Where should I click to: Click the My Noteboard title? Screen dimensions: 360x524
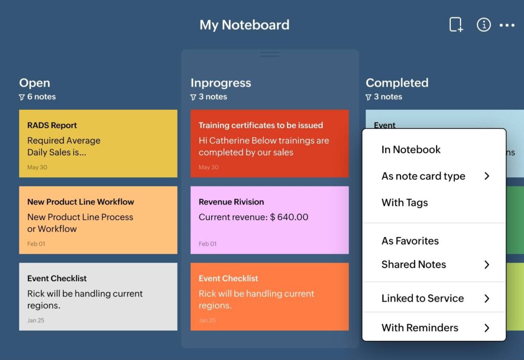click(x=244, y=25)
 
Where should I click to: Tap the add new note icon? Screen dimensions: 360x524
click(x=455, y=25)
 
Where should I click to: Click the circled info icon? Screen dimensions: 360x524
click(x=484, y=25)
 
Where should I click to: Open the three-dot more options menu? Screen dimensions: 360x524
click(x=507, y=25)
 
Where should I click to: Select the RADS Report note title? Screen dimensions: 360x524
click(x=52, y=125)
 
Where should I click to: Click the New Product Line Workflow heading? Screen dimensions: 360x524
click(x=80, y=202)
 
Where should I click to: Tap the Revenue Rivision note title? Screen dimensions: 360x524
click(x=231, y=202)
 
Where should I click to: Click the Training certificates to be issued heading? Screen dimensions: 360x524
click(x=260, y=125)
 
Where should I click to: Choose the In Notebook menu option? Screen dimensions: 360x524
click(x=411, y=150)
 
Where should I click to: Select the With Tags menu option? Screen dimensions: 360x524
click(x=405, y=202)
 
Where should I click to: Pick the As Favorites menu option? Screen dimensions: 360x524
click(x=410, y=241)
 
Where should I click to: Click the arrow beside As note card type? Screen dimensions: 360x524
click(x=487, y=176)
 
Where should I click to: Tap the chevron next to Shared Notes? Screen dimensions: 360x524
click(x=487, y=265)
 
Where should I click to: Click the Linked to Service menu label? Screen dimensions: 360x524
click(x=423, y=298)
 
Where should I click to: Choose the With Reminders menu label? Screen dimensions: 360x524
click(x=420, y=328)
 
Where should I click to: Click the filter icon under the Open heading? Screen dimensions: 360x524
click(x=22, y=97)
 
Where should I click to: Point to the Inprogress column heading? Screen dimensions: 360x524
click(x=221, y=82)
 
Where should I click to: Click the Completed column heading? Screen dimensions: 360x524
click(x=397, y=82)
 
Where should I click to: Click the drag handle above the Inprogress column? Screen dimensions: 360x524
click(x=270, y=54)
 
